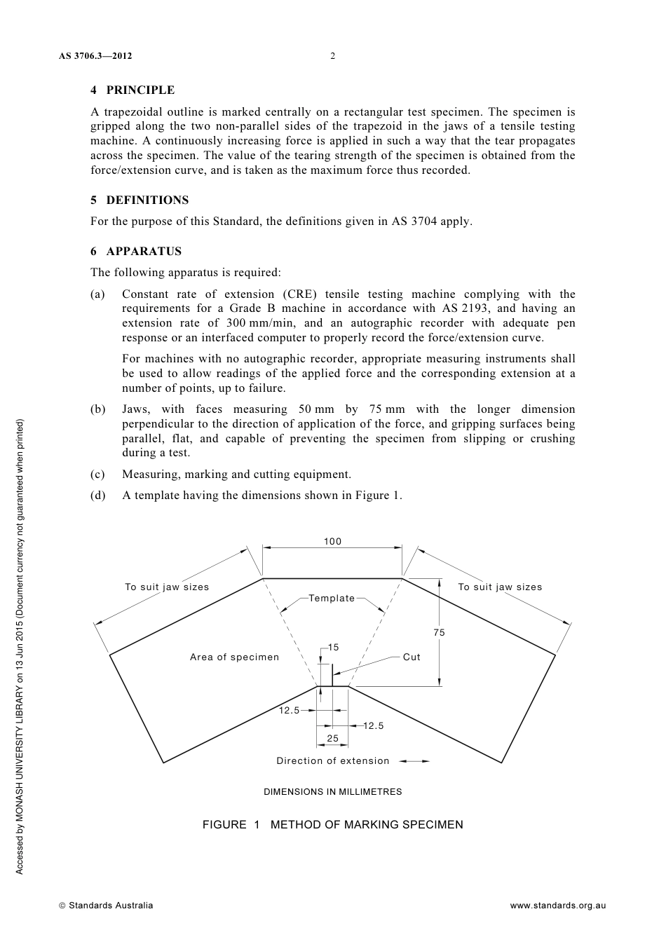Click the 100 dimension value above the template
coord(332,541)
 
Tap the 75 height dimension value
coord(439,632)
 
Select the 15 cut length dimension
coord(333,648)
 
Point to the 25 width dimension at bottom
coord(332,738)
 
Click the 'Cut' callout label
coord(412,657)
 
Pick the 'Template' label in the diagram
coord(332,598)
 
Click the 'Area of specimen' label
coord(234,657)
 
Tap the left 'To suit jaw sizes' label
coord(167,587)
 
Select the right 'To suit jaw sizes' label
coord(500,587)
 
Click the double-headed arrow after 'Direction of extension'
coord(416,760)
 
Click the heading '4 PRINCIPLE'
coord(132,90)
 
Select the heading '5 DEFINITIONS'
coord(140,200)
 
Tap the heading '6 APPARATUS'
coord(136,251)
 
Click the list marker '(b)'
coord(98,409)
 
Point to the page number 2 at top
coord(332,56)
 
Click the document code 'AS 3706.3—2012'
coord(96,56)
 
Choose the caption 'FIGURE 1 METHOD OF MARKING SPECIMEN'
coord(332,824)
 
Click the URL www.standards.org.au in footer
coord(557,905)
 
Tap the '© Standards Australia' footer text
coord(106,905)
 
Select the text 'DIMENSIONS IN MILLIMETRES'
coord(332,791)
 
